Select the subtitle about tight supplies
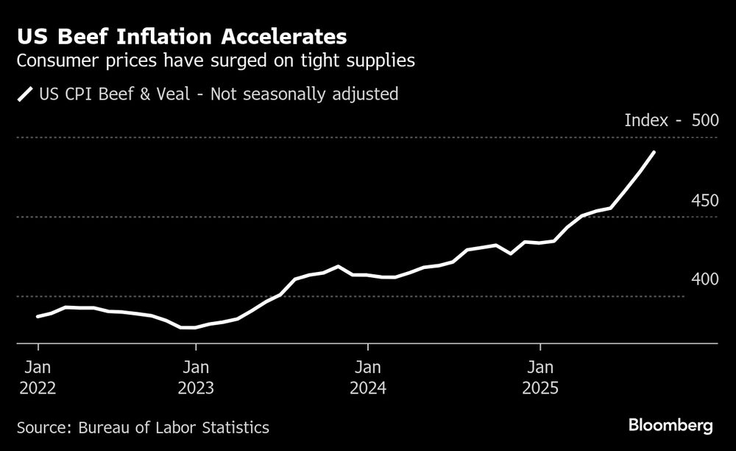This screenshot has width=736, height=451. [x=216, y=61]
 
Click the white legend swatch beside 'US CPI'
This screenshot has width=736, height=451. [x=26, y=94]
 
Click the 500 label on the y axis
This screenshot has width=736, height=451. [x=705, y=120]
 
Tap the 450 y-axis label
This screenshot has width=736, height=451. [x=705, y=200]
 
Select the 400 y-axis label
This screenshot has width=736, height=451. [x=705, y=280]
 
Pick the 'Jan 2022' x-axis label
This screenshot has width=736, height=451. [x=38, y=377]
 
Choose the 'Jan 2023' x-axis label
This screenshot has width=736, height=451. [x=196, y=377]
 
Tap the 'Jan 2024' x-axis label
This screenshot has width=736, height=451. [x=368, y=377]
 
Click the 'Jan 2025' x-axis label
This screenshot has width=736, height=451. [x=540, y=377]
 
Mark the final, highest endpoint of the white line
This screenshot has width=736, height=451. [x=654, y=152]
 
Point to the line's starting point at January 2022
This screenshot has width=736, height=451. [x=38, y=317]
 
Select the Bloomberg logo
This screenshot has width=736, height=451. [x=670, y=426]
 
